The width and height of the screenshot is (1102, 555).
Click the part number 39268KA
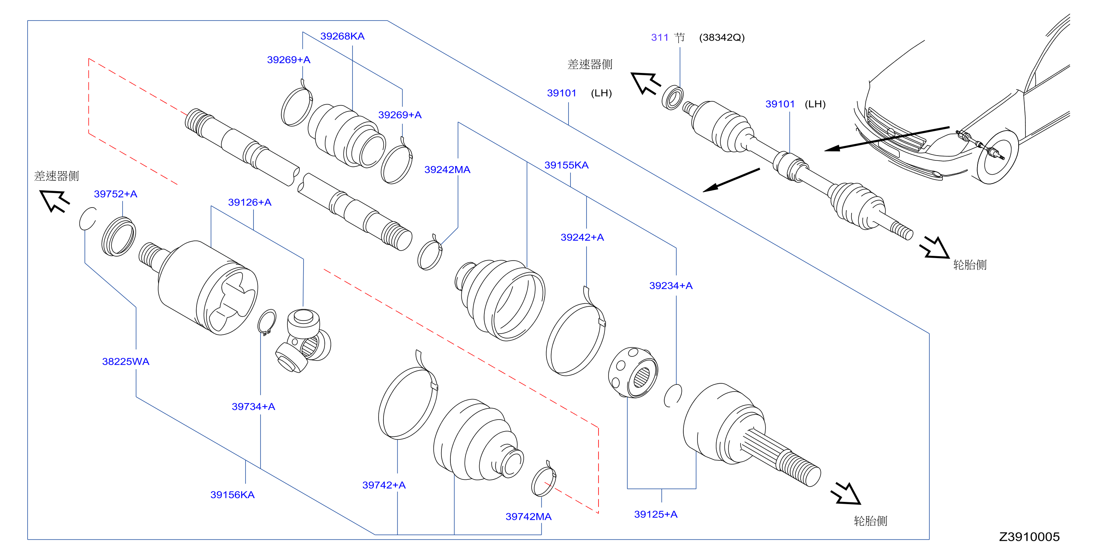342,36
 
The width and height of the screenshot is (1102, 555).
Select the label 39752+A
116,194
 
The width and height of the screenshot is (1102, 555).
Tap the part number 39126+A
250,202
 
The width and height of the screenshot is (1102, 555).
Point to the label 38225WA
126,362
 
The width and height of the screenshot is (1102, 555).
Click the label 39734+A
253,407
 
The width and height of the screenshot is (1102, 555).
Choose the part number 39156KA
232,495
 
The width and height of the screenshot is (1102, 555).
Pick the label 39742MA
528,516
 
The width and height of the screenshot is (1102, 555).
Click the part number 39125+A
655,514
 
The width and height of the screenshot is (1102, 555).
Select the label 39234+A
671,286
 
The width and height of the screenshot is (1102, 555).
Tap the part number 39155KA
566,165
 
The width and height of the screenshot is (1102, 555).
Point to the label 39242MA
447,170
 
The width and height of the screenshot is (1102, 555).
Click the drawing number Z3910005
1029,537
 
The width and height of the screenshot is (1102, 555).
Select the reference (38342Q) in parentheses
722,38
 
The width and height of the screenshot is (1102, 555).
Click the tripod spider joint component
303,341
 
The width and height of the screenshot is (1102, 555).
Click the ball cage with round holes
633,372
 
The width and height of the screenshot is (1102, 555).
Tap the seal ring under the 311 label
672,98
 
